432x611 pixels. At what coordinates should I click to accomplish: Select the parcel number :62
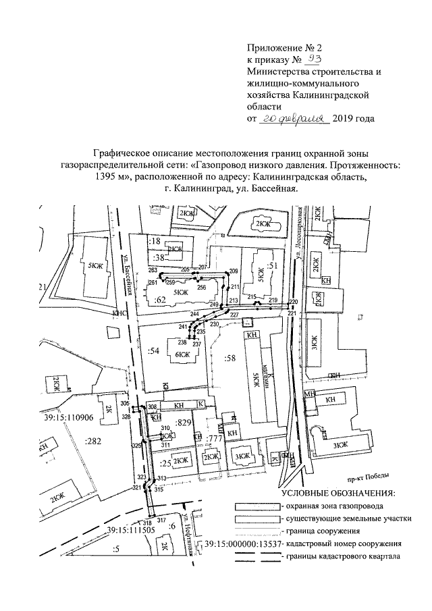click(x=160, y=298)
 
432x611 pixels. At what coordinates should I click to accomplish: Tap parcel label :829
click(x=184, y=423)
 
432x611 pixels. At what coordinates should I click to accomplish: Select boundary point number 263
click(x=153, y=270)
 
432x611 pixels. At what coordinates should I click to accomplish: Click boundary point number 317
click(x=161, y=521)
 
